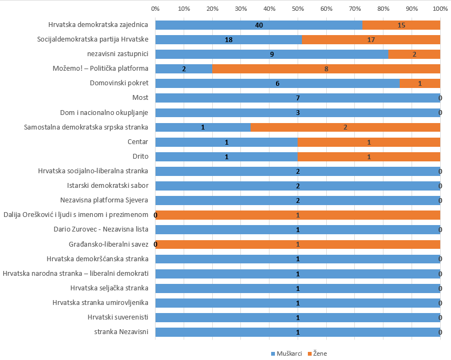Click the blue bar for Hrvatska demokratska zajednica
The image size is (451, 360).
[259, 25]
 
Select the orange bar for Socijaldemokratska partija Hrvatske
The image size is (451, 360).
[371, 39]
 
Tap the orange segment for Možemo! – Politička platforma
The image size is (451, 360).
[326, 69]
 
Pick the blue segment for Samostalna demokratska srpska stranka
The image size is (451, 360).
[203, 127]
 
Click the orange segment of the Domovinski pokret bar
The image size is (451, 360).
[420, 83]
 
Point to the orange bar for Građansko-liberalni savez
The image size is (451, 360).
[298, 244]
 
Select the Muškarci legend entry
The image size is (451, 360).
[286, 354]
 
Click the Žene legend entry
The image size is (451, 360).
[317, 354]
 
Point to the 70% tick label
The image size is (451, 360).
[355, 9]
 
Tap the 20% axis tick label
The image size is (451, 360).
[213, 9]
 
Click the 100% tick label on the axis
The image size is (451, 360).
[440, 9]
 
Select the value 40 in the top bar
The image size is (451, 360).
[259, 25]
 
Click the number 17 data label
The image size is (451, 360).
[371, 40]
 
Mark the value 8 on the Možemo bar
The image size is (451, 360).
[326, 69]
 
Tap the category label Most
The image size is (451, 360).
[140, 97]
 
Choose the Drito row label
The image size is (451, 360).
[140, 156]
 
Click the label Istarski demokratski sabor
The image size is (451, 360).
[108, 185]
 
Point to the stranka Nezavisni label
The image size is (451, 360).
[122, 331]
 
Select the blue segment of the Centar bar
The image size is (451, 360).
[227, 142]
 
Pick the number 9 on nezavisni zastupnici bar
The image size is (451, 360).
[272, 55]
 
